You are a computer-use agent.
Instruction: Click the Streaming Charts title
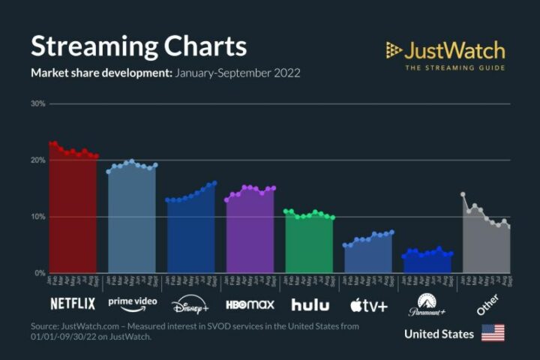tap(138, 46)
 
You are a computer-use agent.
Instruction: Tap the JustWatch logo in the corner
tap(445, 55)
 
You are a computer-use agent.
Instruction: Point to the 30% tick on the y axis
tap(37, 103)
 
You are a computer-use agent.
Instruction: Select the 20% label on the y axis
tap(37, 160)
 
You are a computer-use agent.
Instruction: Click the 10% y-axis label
tap(37, 217)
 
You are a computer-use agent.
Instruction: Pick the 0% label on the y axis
tap(40, 273)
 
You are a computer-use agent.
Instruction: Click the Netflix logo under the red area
tap(73, 304)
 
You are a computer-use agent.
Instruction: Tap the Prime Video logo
tap(132, 302)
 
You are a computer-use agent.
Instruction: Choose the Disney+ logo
tap(191, 305)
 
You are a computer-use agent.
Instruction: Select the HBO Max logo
tap(250, 304)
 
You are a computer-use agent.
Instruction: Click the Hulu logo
tap(310, 304)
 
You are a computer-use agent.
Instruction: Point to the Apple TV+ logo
tap(368, 304)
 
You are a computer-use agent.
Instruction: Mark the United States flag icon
tap(493, 333)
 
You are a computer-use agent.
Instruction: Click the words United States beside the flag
tap(439, 334)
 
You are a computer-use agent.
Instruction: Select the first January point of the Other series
tap(463, 194)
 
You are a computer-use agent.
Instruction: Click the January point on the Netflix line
tap(50, 143)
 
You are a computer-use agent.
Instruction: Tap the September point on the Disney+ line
tap(214, 183)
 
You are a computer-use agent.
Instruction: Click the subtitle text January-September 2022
tap(237, 73)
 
